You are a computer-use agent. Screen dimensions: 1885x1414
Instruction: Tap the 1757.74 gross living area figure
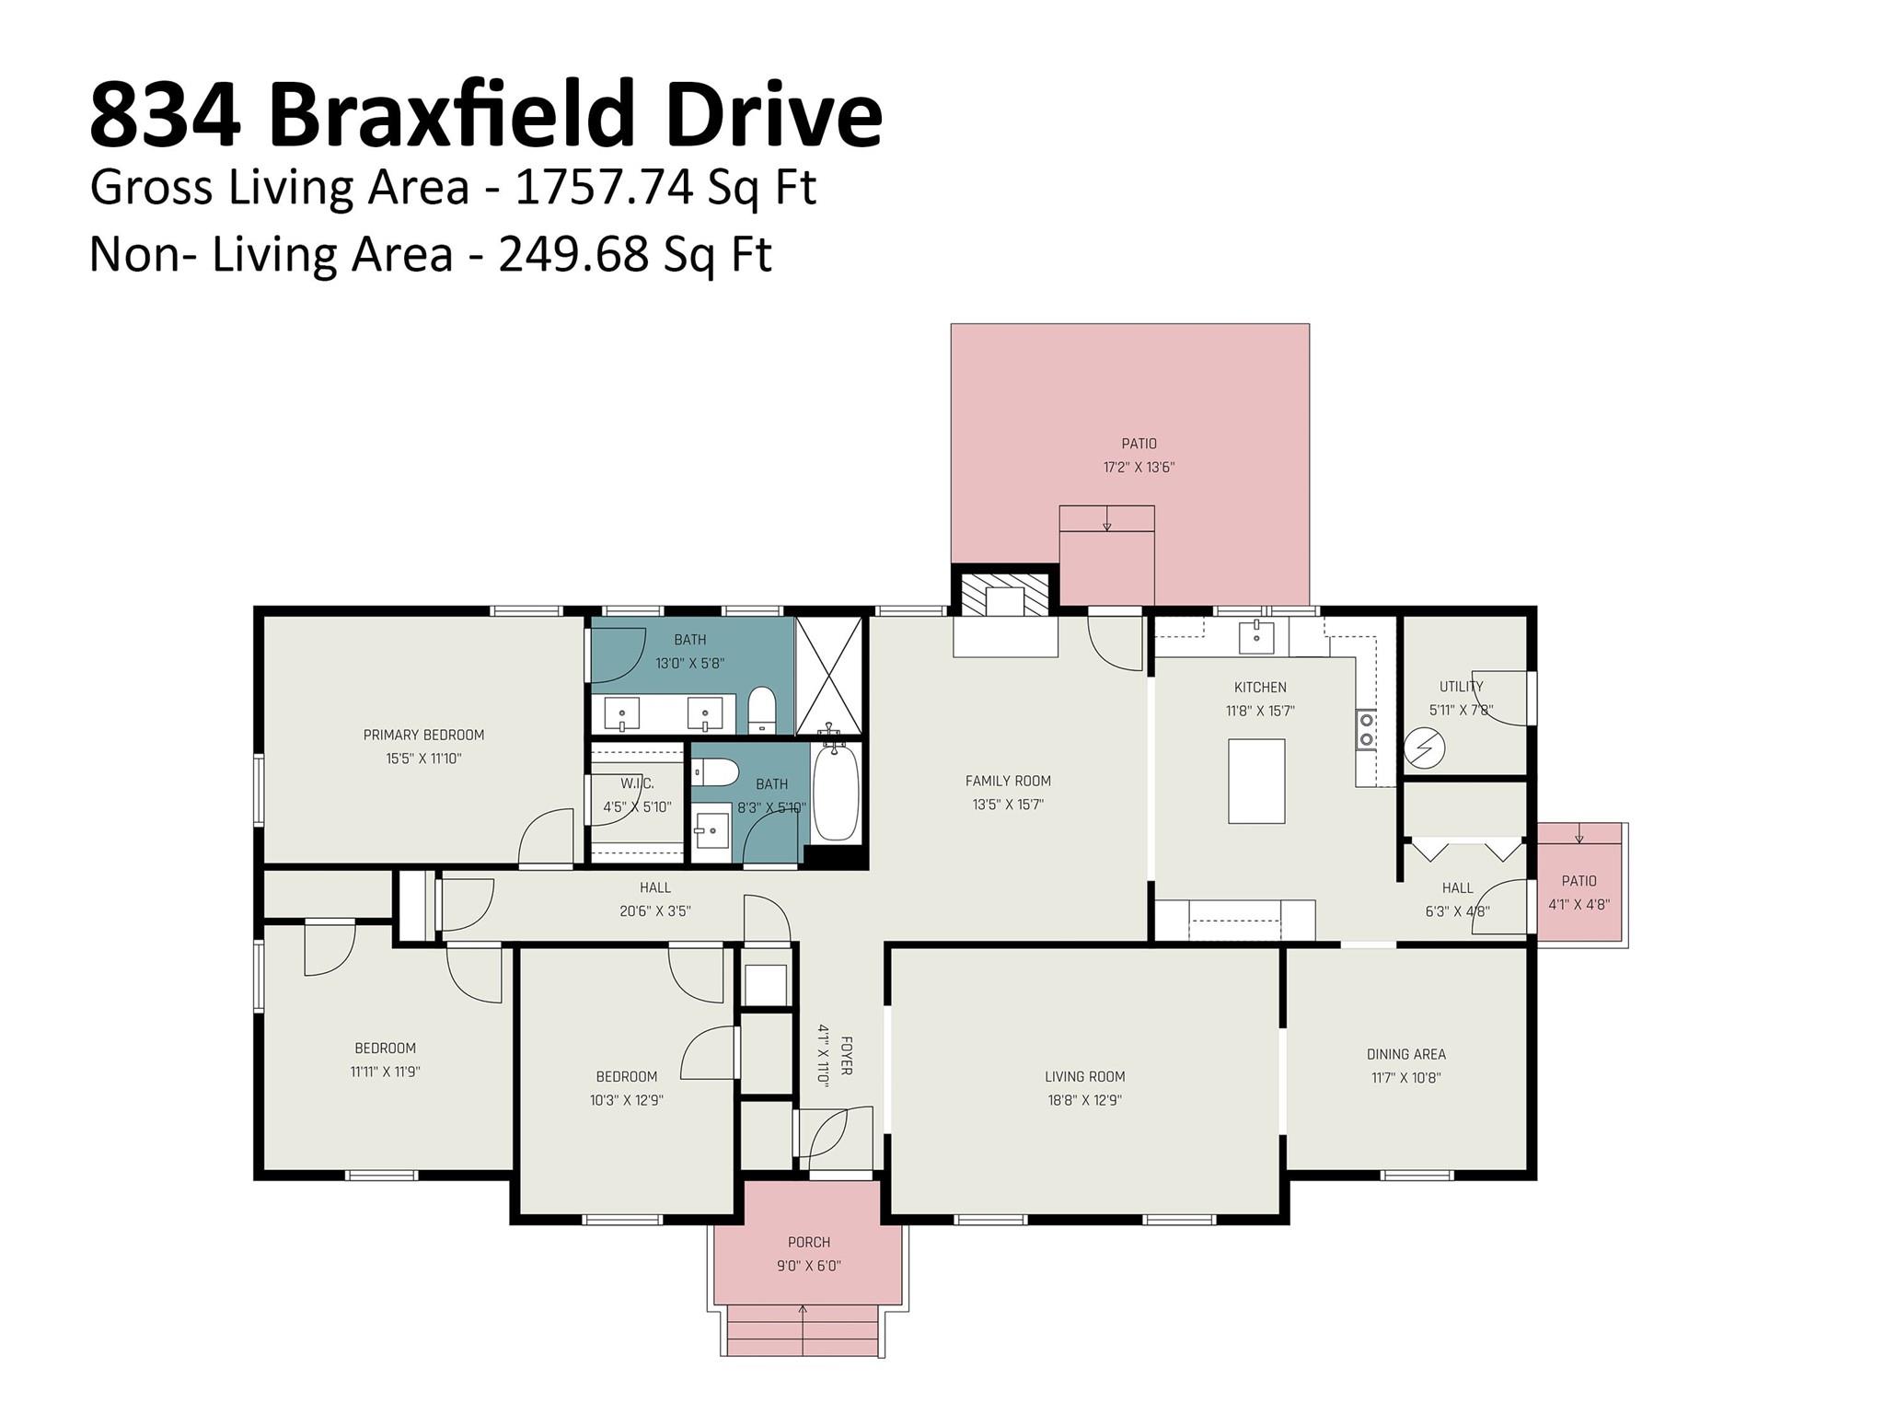pos(604,187)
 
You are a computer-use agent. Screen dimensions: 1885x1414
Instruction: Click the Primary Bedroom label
pos(423,735)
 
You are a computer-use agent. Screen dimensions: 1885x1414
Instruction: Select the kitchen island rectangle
pos(1256,781)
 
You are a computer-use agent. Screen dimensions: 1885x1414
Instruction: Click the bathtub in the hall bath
pos(836,792)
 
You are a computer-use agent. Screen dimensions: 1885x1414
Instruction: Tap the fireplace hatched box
pos(1004,595)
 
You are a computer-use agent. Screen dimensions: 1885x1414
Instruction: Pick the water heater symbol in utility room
pos(1424,748)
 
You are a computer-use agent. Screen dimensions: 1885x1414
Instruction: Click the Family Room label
pos(1008,781)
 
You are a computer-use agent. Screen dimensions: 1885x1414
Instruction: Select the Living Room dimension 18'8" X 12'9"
pos(1085,1100)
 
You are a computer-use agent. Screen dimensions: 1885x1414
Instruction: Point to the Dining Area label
pos(1405,1054)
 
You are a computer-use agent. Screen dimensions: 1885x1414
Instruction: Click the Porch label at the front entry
pos(809,1242)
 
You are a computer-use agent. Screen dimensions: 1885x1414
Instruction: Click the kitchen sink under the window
pos(1256,635)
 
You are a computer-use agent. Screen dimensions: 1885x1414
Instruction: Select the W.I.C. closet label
pos(637,783)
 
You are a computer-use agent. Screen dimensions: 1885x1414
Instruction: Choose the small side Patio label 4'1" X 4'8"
pos(1579,905)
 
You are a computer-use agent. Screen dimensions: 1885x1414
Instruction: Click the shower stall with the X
pos(828,676)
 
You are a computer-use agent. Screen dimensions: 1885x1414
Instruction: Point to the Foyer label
pos(846,1056)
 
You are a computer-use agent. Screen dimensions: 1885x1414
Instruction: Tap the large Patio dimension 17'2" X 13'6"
pos(1139,467)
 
